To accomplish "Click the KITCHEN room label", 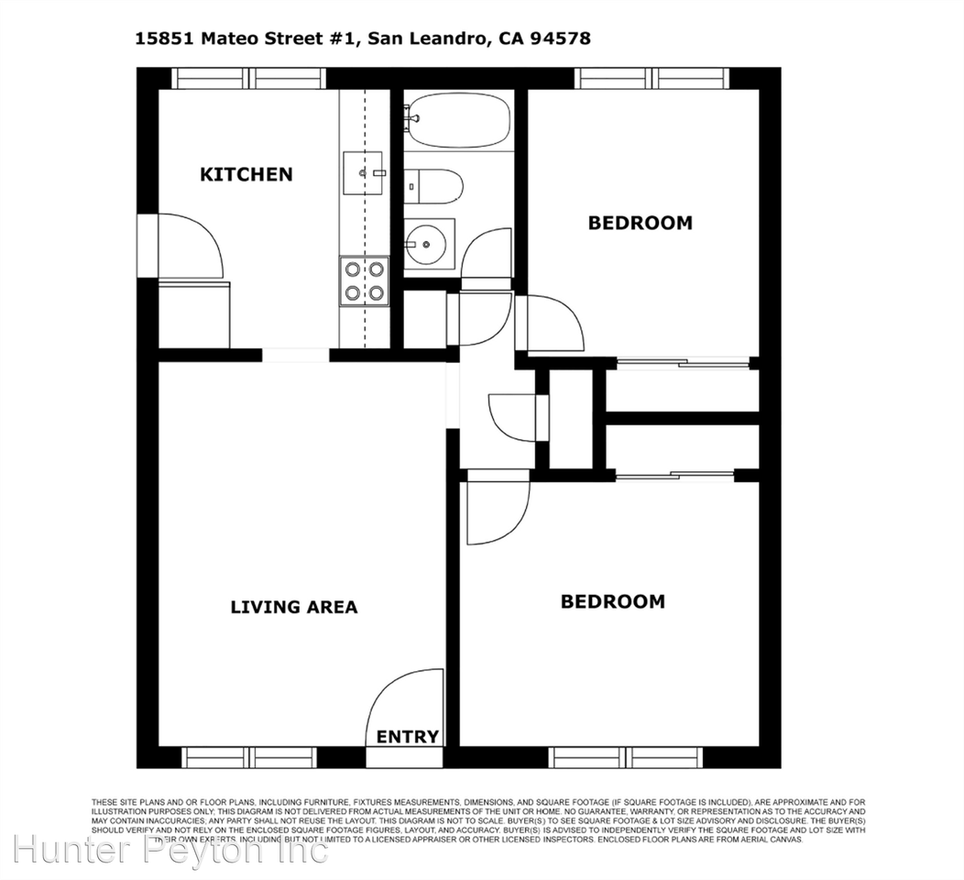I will tap(246, 174).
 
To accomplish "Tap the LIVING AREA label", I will tap(293, 607).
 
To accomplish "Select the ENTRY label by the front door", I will tap(408, 737).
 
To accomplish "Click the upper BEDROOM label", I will tap(640, 223).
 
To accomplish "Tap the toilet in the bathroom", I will tap(434, 186).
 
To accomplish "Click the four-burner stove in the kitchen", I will tap(364, 280).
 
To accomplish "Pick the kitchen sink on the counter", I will tap(365, 173).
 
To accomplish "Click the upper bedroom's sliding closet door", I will tap(683, 364).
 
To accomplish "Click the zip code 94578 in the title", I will tap(553, 38).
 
